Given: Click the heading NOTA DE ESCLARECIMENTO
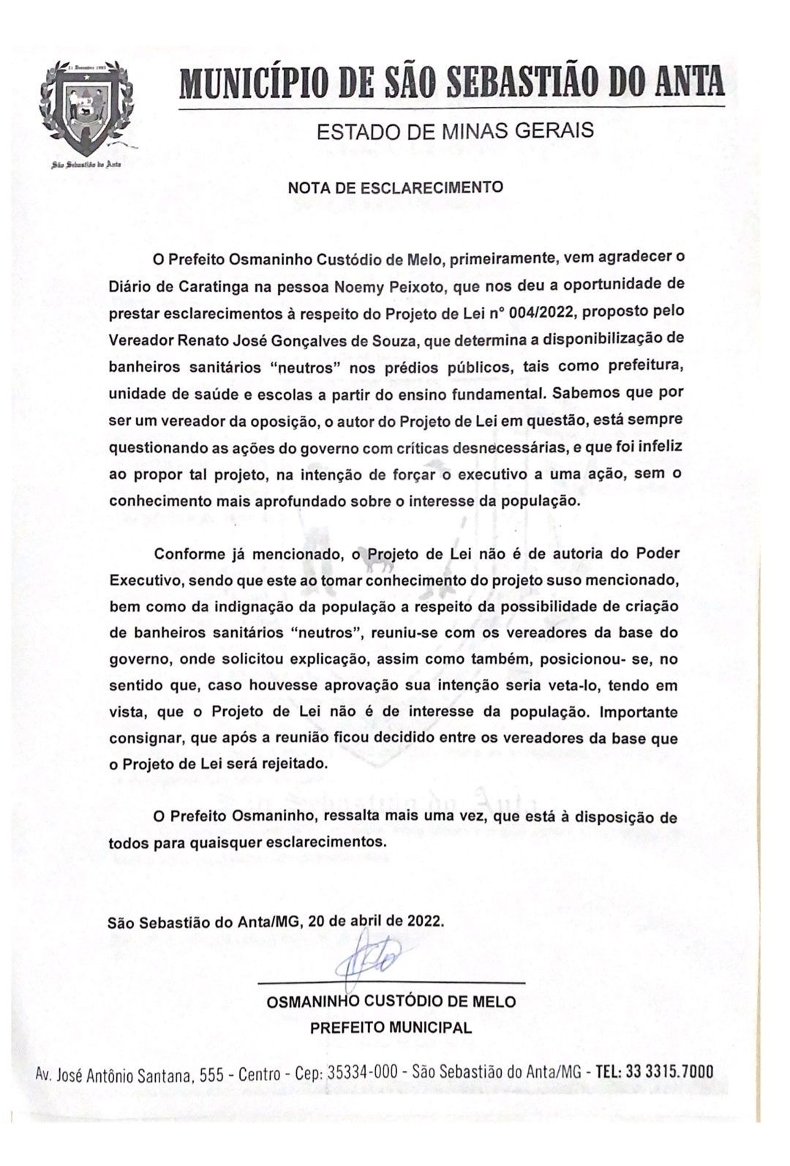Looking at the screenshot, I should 395,187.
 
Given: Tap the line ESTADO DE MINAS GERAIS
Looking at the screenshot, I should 454,132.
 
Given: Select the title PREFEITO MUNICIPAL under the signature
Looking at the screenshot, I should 391,1027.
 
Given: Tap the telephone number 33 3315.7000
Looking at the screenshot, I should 665,1072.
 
